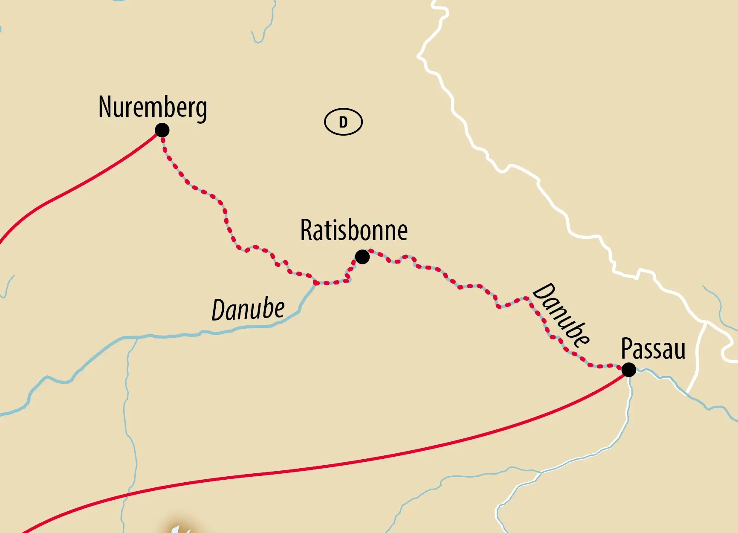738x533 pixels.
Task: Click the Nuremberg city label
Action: tap(153, 107)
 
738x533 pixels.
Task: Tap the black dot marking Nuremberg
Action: tap(162, 130)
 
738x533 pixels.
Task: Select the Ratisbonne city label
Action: tap(354, 231)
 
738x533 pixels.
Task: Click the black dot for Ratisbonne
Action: tap(362, 257)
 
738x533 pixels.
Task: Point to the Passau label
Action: tap(653, 349)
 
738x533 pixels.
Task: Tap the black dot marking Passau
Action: tap(628, 370)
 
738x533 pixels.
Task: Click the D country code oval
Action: tap(343, 122)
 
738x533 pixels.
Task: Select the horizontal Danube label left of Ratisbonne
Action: tap(248, 310)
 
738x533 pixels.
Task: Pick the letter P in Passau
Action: tap(626, 349)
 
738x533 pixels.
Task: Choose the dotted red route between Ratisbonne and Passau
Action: tap(469, 286)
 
